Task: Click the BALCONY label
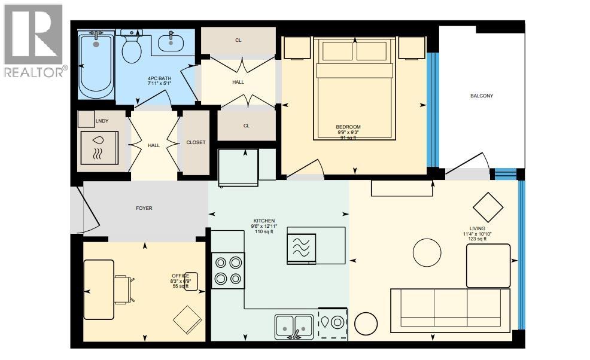click(481, 96)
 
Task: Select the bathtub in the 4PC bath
click(96, 66)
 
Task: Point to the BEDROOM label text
click(348, 127)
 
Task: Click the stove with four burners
click(228, 270)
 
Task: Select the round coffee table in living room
click(429, 254)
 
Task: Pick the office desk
click(99, 289)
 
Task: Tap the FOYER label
click(144, 209)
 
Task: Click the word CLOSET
click(196, 142)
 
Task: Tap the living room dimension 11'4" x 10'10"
click(477, 234)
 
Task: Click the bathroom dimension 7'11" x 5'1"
click(160, 84)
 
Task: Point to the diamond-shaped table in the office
click(188, 319)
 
